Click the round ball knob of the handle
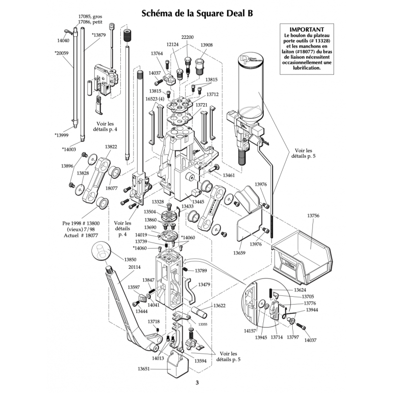102,254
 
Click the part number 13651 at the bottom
143,368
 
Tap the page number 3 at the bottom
196,383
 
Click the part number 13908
206,45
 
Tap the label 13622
219,306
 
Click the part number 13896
67,167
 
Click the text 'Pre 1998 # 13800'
79,223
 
